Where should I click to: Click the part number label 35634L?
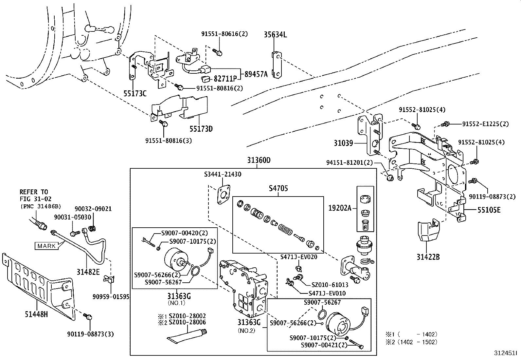pyautogui.click(x=275, y=34)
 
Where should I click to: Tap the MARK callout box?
pyautogui.click(x=46, y=246)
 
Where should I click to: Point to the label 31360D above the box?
pyautogui.click(x=259, y=161)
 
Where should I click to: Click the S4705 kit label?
pyautogui.click(x=278, y=188)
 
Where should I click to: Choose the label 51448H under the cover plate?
pyautogui.click(x=36, y=315)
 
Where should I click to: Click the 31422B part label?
pyautogui.click(x=428, y=256)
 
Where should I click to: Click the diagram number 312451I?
pyautogui.click(x=505, y=354)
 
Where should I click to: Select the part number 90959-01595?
pyautogui.click(x=111, y=297)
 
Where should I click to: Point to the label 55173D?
pyautogui.click(x=201, y=129)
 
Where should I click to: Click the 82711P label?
pyautogui.click(x=225, y=79)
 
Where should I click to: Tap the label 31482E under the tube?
pyautogui.click(x=88, y=272)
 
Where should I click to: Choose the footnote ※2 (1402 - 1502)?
pyautogui.click(x=411, y=342)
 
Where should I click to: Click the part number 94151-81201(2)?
pyautogui.click(x=349, y=162)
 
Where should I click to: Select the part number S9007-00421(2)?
pyautogui.click(x=324, y=345)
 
